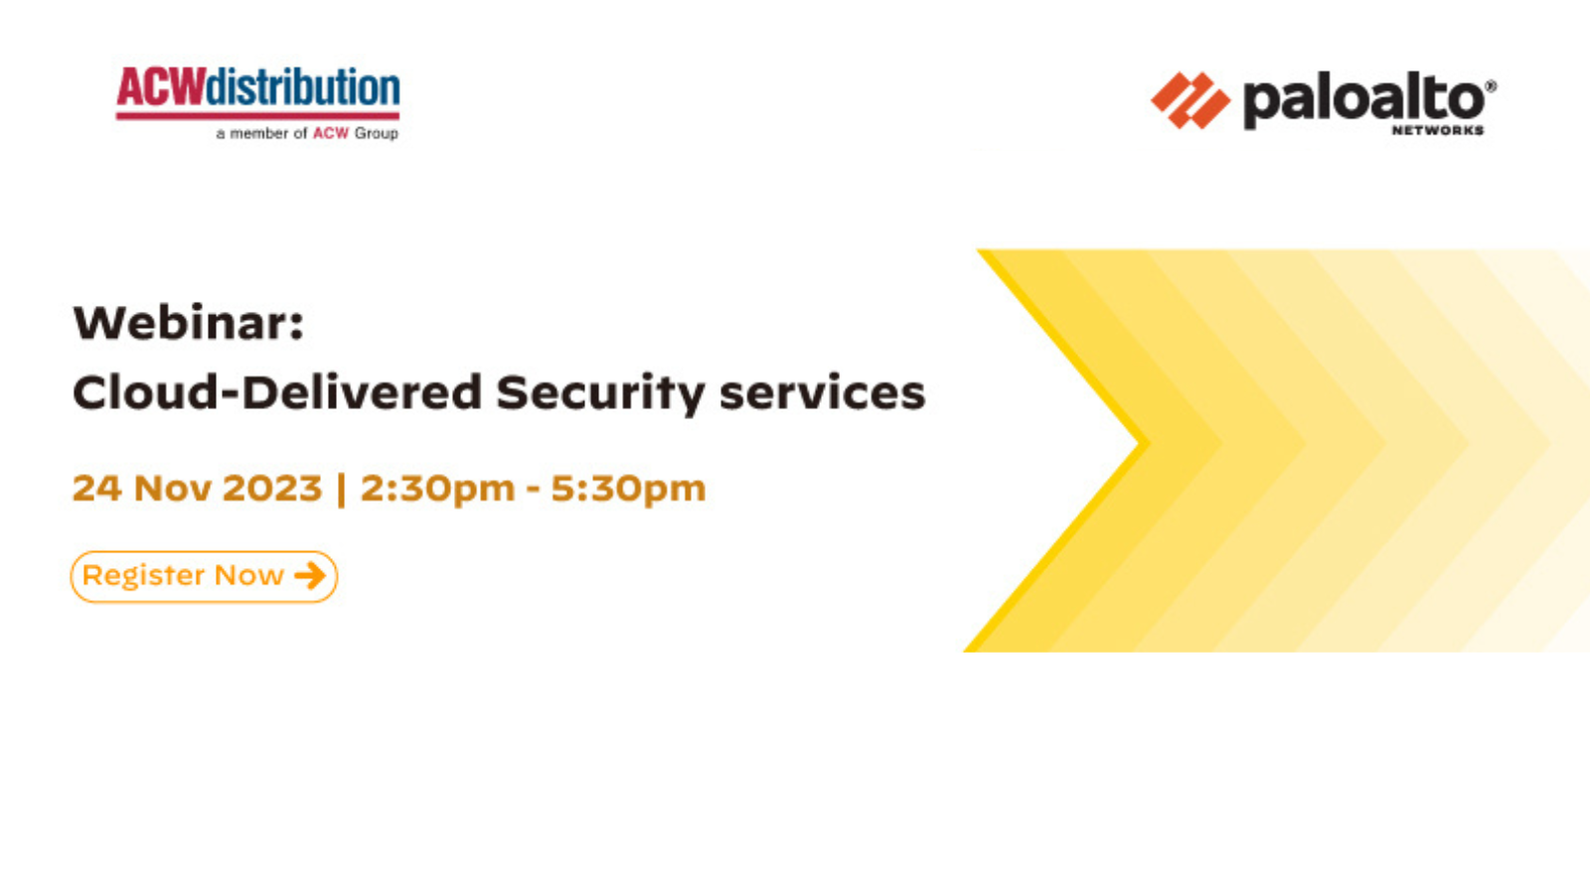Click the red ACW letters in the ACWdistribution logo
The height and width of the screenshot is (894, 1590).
160,87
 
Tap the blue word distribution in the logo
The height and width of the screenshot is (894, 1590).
302,87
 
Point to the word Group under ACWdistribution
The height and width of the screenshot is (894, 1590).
377,133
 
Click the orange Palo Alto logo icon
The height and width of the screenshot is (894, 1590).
1191,100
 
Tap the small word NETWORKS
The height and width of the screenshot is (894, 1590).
1437,130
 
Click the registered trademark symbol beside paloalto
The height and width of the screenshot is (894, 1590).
1491,85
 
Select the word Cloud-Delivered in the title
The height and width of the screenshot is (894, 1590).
277,392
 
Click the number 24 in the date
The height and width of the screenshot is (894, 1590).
97,488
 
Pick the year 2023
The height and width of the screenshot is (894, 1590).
272,488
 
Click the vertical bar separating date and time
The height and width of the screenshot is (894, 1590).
342,490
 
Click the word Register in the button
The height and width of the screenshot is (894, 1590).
144,576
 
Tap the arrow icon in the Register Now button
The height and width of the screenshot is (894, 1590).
310,575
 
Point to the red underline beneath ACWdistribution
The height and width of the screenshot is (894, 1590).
257,115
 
